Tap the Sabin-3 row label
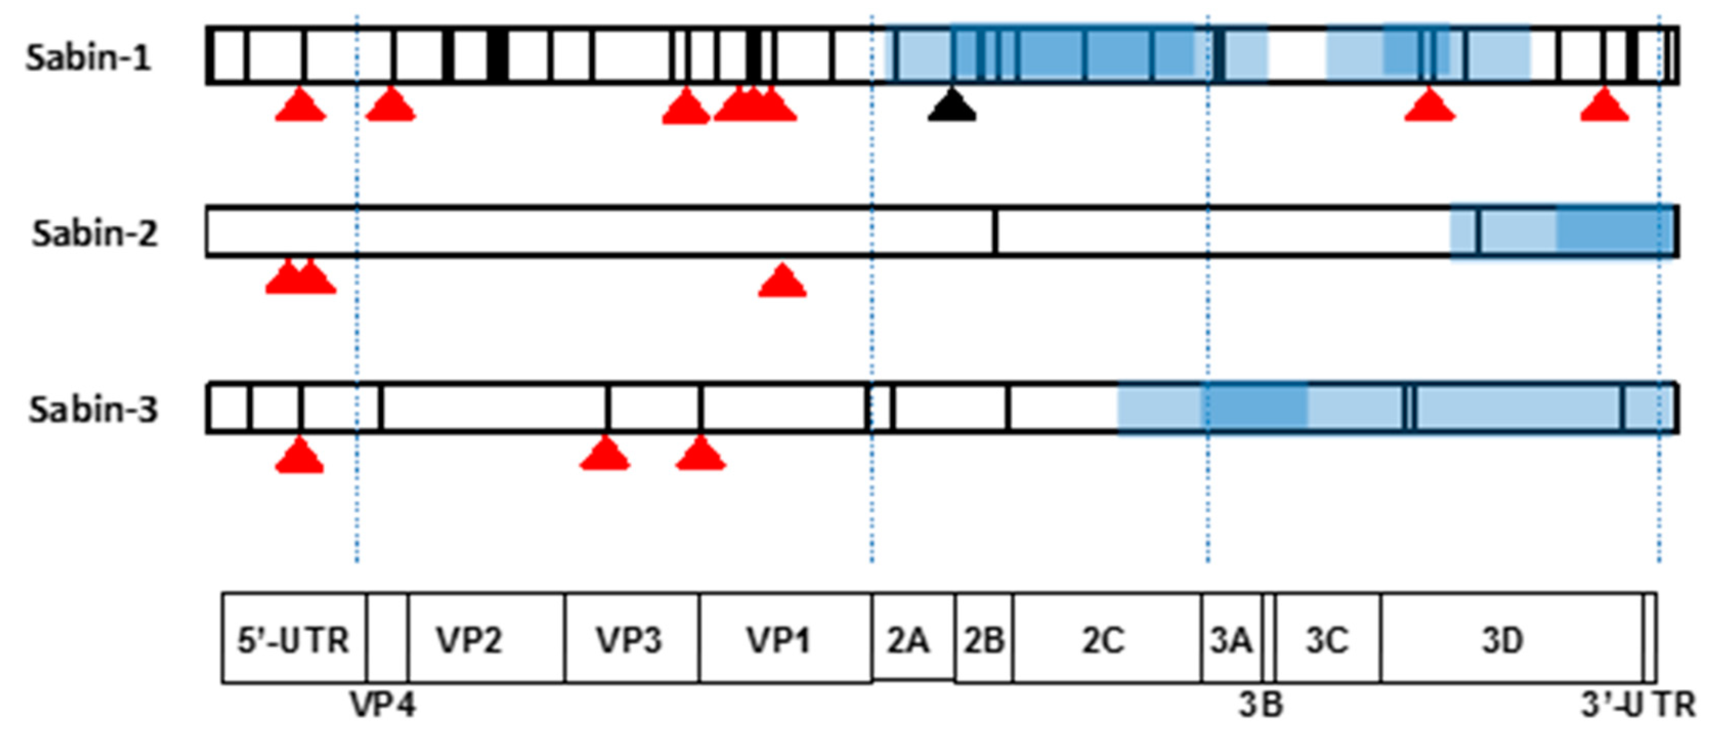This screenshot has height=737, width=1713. coord(93,410)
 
